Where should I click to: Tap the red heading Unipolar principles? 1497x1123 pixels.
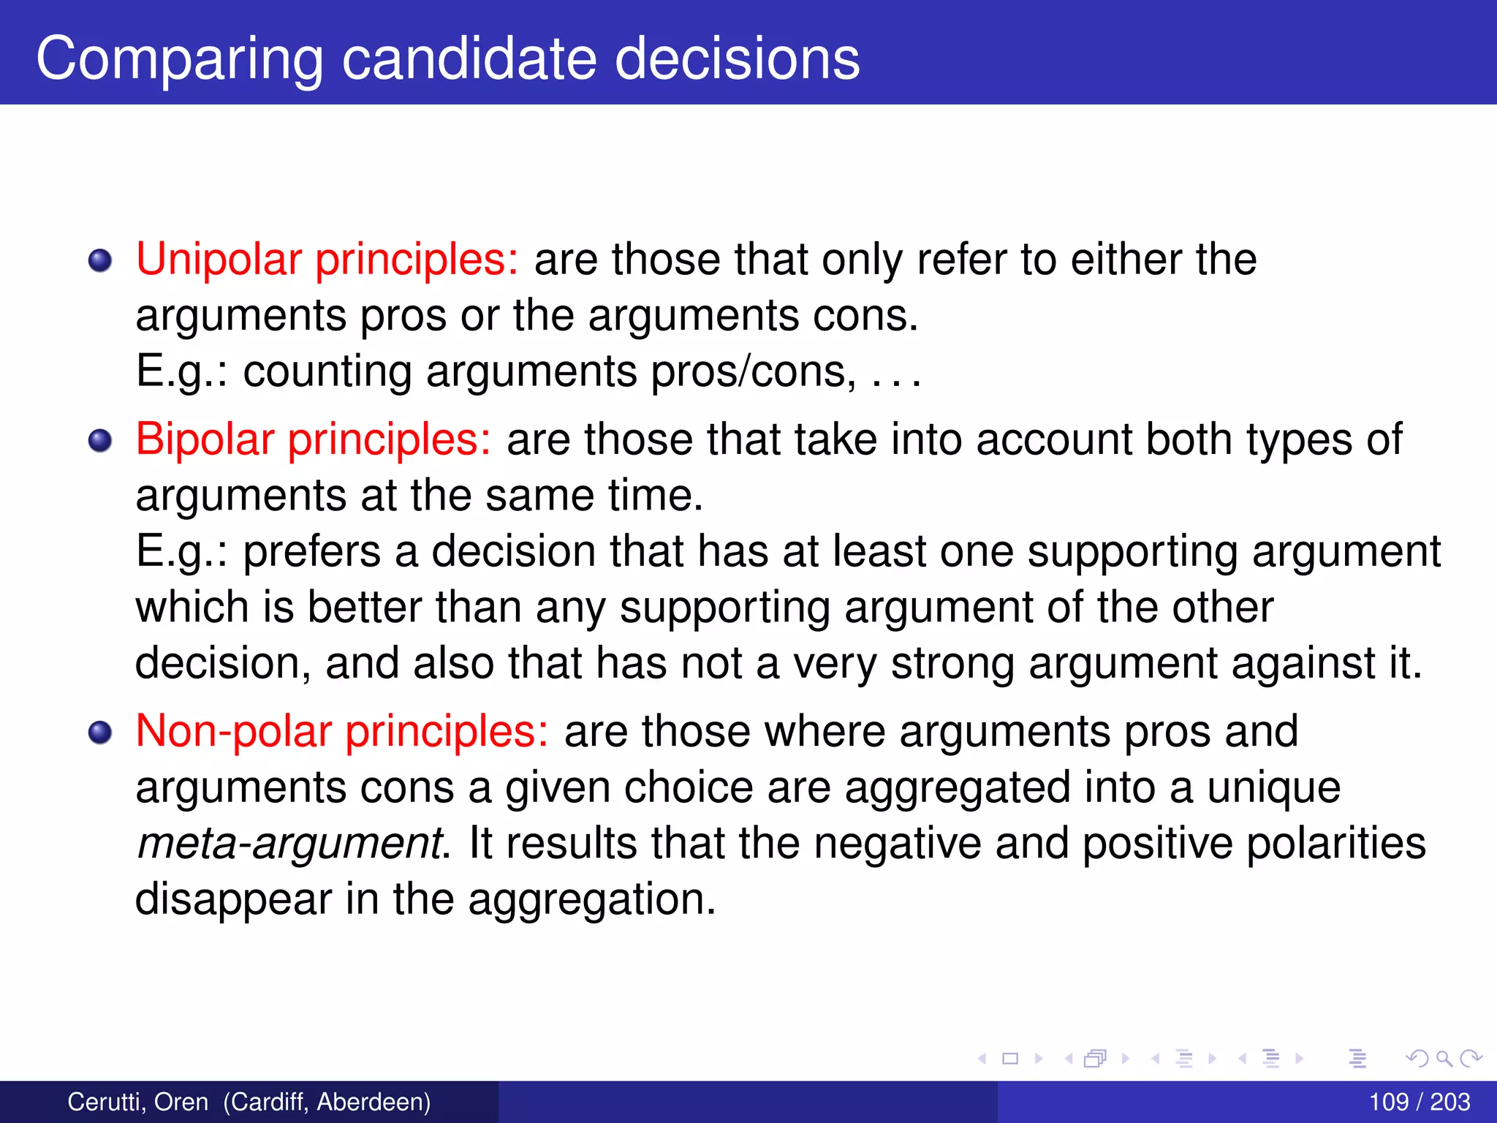[327, 260]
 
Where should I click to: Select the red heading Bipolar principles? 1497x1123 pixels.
[313, 439]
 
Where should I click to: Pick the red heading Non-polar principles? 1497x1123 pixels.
[341, 731]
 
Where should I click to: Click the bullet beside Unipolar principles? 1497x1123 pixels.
[100, 260]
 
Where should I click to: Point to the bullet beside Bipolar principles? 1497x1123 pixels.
[100, 440]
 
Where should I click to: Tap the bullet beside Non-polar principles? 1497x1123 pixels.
[100, 732]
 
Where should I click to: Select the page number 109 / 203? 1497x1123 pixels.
[1419, 1102]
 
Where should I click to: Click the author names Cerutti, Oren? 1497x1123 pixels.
[137, 1102]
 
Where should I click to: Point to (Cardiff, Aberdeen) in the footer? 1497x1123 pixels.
[327, 1102]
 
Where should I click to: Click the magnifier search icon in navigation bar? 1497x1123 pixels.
[1444, 1058]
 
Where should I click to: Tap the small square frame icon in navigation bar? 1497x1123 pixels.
[1010, 1058]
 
